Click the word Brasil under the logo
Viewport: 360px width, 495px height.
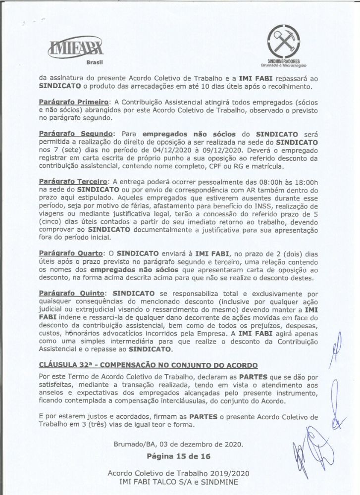click(x=94, y=63)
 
